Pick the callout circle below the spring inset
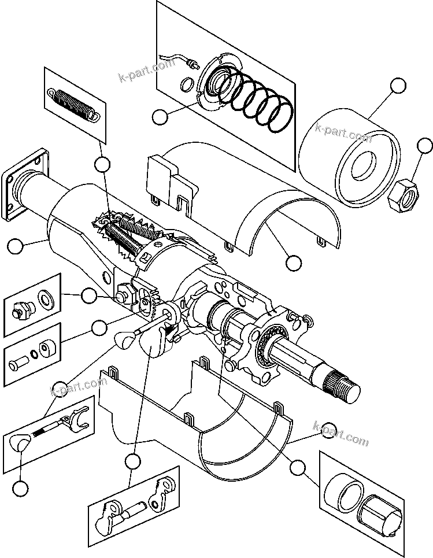tap(102, 164)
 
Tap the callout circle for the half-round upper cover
tap(294, 263)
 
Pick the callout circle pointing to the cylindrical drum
tap(398, 86)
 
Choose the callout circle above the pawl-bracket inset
tap(133, 461)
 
